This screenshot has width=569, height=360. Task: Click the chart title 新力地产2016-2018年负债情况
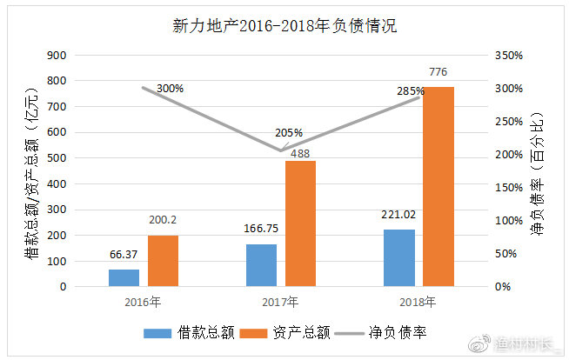point(284,25)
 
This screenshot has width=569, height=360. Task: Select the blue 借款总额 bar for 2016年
point(124,277)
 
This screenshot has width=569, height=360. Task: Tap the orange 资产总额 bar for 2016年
point(163,261)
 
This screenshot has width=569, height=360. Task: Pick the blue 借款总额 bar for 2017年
point(261,265)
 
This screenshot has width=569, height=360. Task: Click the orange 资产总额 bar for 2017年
point(300,223)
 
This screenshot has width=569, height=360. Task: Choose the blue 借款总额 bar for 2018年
point(398,258)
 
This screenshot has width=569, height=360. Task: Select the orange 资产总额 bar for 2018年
point(438,186)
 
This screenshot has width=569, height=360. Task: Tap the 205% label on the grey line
point(288,133)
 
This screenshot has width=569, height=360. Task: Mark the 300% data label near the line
point(171,89)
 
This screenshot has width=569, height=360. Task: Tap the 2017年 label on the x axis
point(280,303)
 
